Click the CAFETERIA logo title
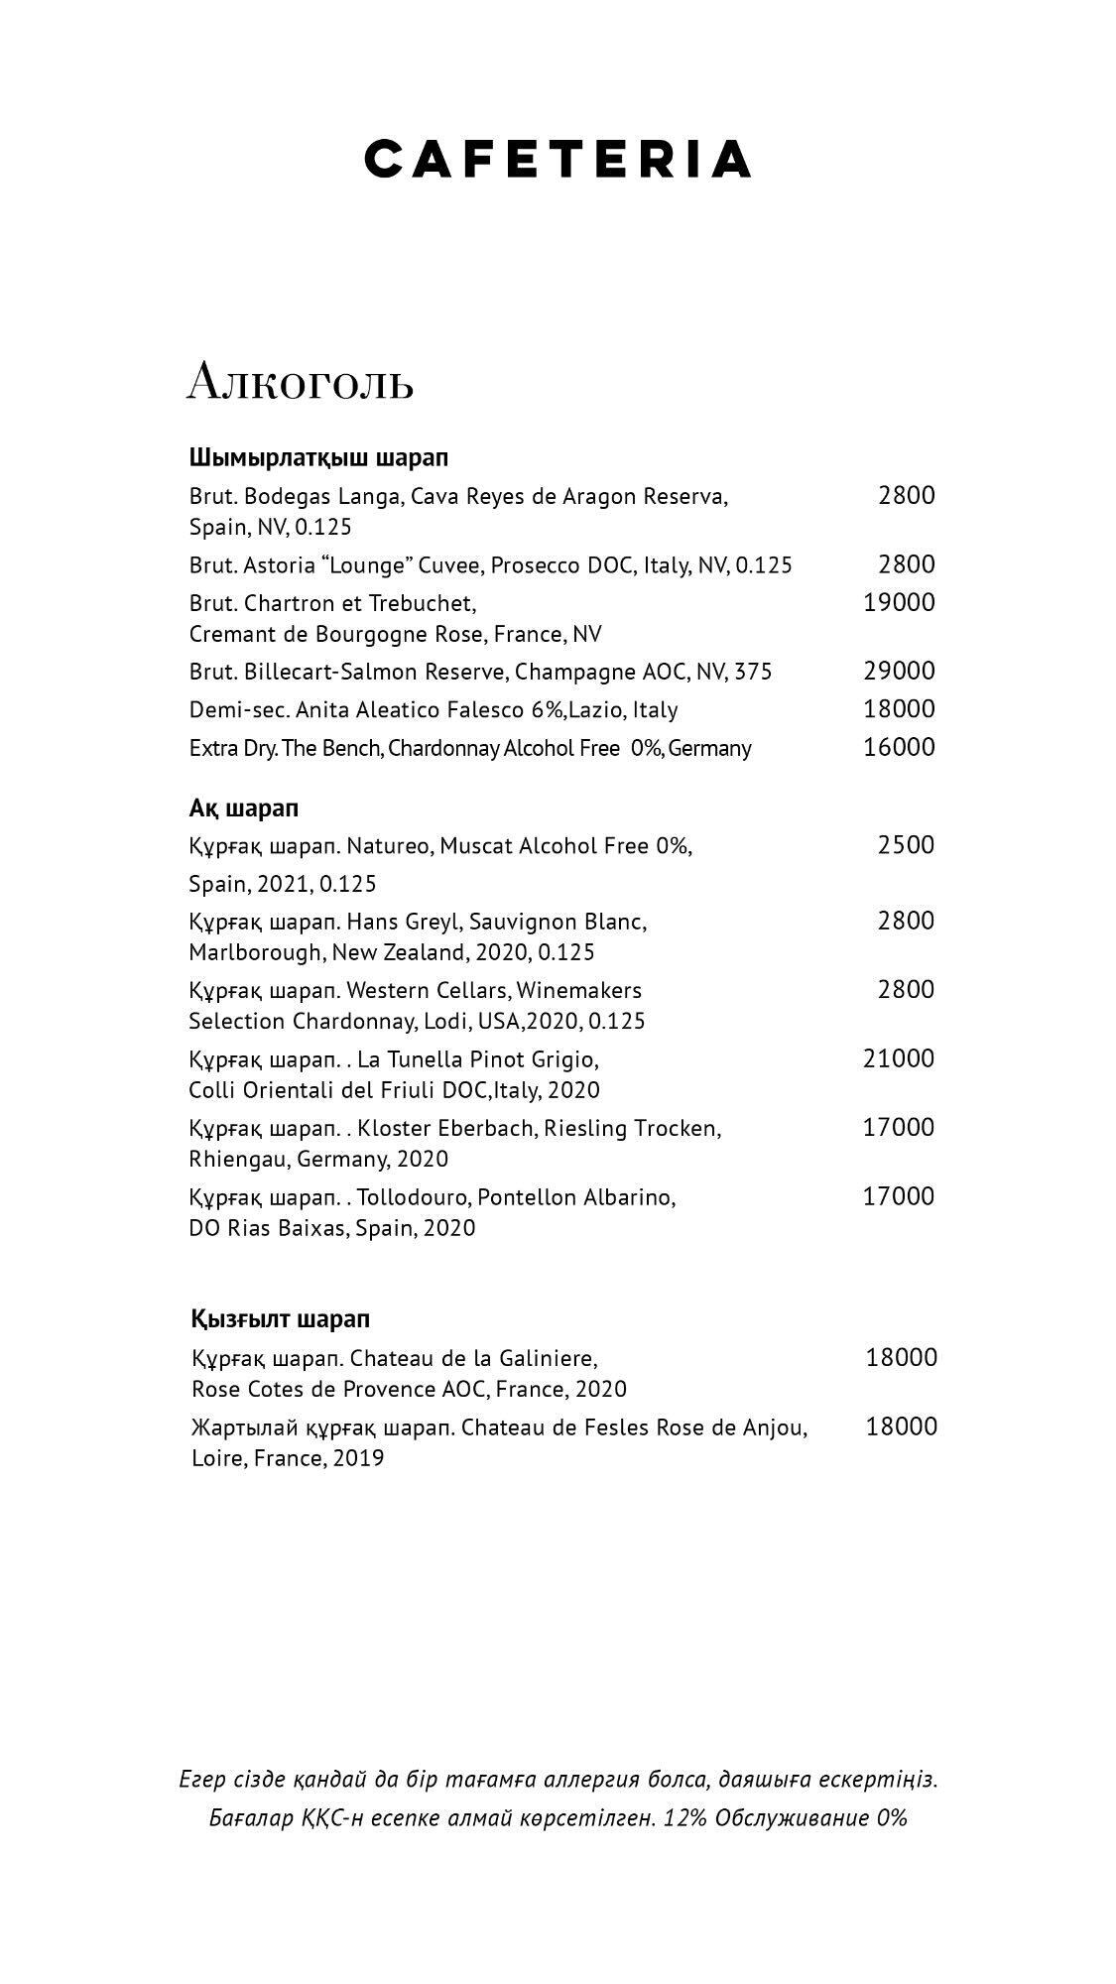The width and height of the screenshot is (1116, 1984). (x=558, y=159)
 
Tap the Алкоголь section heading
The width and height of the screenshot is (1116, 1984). (x=300, y=382)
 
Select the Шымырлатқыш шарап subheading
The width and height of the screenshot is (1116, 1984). (x=318, y=457)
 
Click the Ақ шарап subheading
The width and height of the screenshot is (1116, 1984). (x=244, y=807)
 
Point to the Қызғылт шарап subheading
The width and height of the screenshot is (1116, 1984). (x=280, y=1318)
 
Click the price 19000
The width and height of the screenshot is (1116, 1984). (x=899, y=602)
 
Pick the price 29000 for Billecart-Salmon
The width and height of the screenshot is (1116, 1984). (x=899, y=671)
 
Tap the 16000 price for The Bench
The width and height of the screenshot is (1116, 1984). (x=899, y=747)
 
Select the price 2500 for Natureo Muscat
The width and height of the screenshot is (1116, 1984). (x=906, y=845)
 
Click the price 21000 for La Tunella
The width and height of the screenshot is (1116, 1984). (x=899, y=1058)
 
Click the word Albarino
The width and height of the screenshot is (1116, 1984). (x=631, y=1197)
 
